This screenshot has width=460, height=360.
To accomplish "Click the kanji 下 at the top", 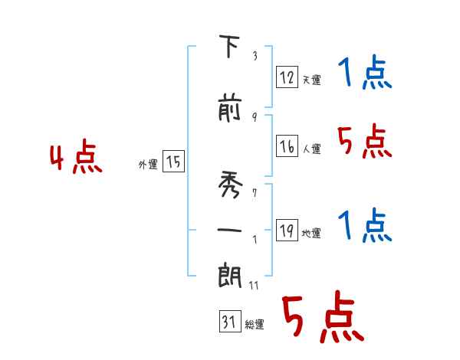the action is [x=229, y=47].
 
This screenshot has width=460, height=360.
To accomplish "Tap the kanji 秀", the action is [x=229, y=184].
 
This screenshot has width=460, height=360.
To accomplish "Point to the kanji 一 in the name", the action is [x=229, y=229].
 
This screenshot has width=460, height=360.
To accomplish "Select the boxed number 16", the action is [x=287, y=146].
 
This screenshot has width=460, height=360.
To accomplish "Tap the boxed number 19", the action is [x=287, y=231].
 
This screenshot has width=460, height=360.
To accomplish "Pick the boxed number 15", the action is [x=173, y=162].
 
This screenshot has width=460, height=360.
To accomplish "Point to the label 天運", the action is [x=311, y=80].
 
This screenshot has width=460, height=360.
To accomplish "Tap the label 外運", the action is [x=148, y=164].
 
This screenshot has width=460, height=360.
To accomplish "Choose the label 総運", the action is [x=255, y=325].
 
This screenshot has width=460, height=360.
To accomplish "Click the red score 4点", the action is [x=76, y=158].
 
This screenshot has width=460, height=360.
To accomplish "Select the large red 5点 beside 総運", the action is [x=322, y=318].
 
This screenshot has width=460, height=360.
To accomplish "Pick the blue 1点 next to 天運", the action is [x=364, y=74].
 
